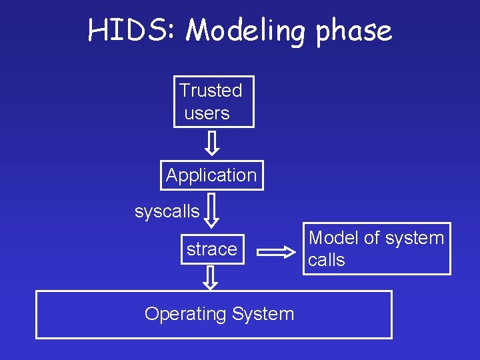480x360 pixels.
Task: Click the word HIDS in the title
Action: pos(129,31)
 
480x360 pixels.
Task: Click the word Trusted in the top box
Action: pos(211,90)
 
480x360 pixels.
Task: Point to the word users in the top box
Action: pos(207,113)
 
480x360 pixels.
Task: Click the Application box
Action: pos(211,175)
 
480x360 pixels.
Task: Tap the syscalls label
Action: pos(167,211)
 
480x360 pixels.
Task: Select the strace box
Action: pos(211,249)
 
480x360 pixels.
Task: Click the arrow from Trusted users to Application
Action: pos(211,143)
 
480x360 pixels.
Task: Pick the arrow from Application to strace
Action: pos(211,209)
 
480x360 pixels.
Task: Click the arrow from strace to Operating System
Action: pos(211,277)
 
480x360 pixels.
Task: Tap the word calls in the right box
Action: pos(326,260)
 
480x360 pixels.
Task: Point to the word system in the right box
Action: pos(414,238)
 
